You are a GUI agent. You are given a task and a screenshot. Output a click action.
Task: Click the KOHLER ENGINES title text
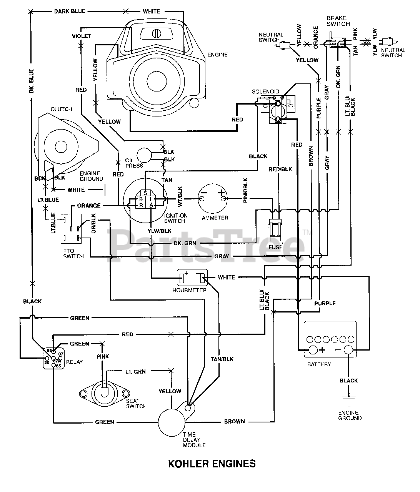point(212,464)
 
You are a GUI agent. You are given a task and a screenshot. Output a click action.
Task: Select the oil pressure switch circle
point(145,155)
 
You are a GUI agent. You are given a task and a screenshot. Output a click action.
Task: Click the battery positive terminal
point(313,350)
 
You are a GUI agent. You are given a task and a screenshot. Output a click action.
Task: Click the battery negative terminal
point(348,350)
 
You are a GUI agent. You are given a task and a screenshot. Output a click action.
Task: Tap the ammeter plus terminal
point(222,198)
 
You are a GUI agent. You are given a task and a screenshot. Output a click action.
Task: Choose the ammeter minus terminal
point(202,198)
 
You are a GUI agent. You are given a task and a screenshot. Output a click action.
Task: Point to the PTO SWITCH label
point(73,253)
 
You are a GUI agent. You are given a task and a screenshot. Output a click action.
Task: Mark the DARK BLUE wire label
point(70,11)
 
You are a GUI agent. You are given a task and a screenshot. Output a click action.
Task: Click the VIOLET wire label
point(82,36)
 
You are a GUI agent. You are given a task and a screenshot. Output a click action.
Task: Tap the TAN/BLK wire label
point(222,359)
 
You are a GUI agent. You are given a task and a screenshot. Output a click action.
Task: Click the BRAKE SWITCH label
point(338,21)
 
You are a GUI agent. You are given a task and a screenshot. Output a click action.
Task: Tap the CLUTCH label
point(62,109)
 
